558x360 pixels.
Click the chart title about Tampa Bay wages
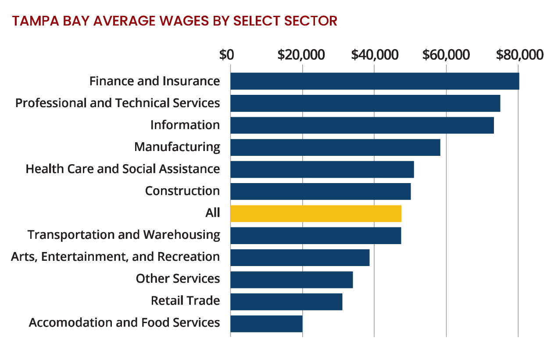pyautogui.click(x=174, y=21)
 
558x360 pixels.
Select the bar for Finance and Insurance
pyautogui.click(x=375, y=81)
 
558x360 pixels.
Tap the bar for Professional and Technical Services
pyautogui.click(x=365, y=103)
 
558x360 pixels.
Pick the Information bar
pyautogui.click(x=362, y=125)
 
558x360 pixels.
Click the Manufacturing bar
pyautogui.click(x=335, y=147)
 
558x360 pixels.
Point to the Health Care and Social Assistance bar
pyautogui.click(x=322, y=169)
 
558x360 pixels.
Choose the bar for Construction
pyautogui.click(x=320, y=191)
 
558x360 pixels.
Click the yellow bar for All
pyautogui.click(x=316, y=213)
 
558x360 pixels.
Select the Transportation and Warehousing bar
pyautogui.click(x=315, y=235)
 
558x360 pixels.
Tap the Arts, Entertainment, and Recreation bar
pyautogui.click(x=300, y=257)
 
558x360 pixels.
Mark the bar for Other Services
pyautogui.click(x=291, y=279)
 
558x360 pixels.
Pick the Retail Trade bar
pyautogui.click(x=286, y=301)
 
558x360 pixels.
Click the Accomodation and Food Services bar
pyautogui.click(x=266, y=324)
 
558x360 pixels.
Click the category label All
pyautogui.click(x=212, y=213)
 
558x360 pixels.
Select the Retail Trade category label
pyautogui.click(x=185, y=301)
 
